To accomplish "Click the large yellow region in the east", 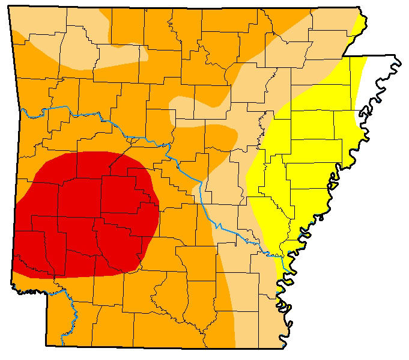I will point(312,150).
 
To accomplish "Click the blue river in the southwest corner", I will point(72,313).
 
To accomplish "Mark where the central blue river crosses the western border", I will point(22,109).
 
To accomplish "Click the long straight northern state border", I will point(180,8).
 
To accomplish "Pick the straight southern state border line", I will point(168,347).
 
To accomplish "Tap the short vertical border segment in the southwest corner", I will point(47,319).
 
